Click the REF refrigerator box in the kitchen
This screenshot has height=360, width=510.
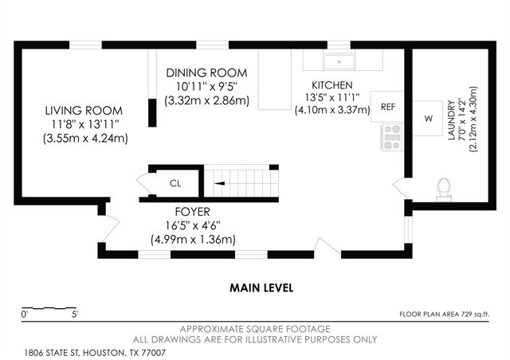tap(387, 107)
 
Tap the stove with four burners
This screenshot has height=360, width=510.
tap(391, 137)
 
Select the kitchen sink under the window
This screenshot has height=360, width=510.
tap(339, 62)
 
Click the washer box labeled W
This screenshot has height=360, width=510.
tap(428, 119)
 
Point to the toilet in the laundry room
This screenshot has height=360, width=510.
tap(444, 190)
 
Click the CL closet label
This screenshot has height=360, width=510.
tap(175, 183)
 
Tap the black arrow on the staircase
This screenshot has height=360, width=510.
tap(219, 183)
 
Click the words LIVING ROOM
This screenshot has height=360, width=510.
tap(84, 111)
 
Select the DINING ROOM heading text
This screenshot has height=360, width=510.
tap(206, 72)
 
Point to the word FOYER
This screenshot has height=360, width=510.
tap(193, 212)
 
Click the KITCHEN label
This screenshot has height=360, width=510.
tap(332, 85)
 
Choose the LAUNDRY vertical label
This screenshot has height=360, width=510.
tap(452, 120)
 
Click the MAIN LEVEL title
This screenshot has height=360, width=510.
tap(261, 288)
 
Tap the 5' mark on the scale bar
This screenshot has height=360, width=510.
tap(75, 315)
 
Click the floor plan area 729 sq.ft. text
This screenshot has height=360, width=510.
tap(445, 314)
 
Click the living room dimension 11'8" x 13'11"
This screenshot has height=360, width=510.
tap(85, 124)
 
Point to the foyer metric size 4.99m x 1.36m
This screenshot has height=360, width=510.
tap(193, 240)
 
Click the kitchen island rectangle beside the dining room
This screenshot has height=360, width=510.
tap(275, 80)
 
